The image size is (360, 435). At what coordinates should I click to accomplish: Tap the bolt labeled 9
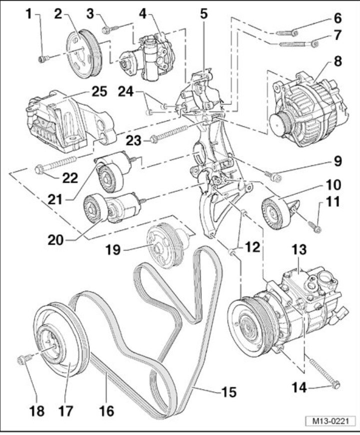point(272,175)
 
